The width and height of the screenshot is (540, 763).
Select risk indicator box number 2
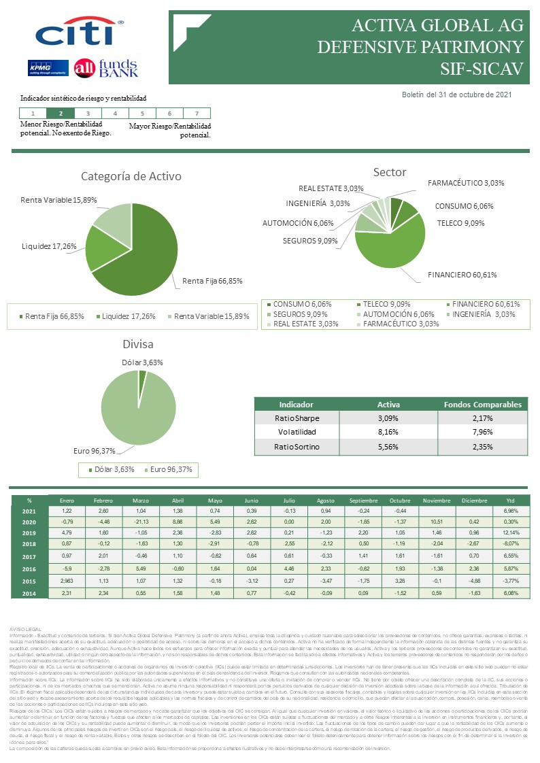61,114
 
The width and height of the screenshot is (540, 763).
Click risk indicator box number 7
197,114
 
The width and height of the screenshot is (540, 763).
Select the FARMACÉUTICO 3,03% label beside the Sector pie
466,183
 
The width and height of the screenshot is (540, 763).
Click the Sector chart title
390,171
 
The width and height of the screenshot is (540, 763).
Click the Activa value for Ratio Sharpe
388,418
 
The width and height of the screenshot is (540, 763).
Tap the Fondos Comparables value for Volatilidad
482,432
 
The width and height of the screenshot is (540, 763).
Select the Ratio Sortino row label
297,447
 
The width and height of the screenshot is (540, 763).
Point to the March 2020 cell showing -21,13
141,522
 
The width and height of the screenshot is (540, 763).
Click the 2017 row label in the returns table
29,556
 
